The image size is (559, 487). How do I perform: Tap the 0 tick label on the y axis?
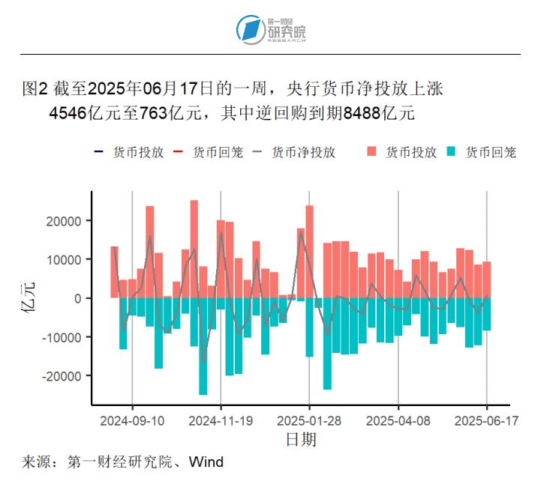click(77, 298)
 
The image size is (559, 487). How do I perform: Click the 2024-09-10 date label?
click(132, 421)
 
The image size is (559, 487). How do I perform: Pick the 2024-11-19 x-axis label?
click(221, 421)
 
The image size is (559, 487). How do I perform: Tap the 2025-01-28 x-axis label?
click(309, 421)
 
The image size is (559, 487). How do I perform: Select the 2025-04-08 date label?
click(398, 421)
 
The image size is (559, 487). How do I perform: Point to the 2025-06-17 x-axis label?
click(487, 421)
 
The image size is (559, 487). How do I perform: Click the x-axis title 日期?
click(301, 439)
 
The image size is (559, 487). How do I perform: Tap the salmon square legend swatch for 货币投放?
click(371, 152)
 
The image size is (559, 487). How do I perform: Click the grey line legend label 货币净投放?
click(303, 152)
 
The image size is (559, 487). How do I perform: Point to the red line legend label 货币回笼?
click(218, 152)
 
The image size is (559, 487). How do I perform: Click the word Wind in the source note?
click(206, 462)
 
